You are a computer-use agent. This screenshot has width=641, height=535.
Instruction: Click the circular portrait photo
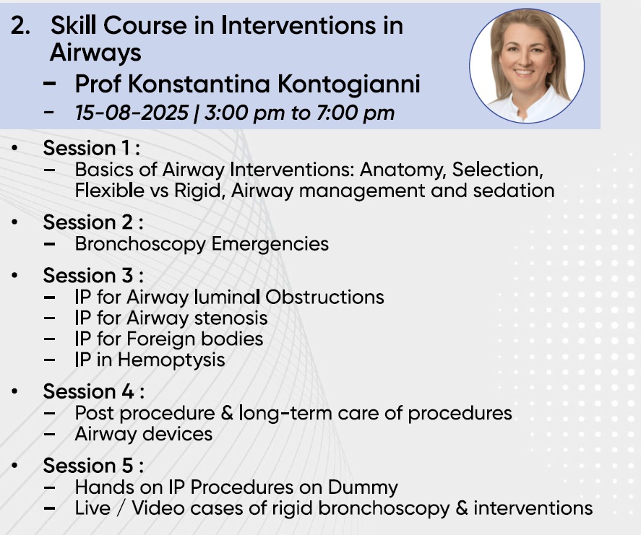[x=527, y=66]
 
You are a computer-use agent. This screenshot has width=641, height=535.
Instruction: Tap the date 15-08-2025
[x=132, y=113]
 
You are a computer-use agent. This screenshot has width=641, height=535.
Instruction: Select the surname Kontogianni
[x=349, y=84]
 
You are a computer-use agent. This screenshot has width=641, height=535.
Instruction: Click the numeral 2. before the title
[x=20, y=26]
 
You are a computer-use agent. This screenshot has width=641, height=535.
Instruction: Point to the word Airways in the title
[x=95, y=53]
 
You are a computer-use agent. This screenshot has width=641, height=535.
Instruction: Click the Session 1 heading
[x=92, y=148]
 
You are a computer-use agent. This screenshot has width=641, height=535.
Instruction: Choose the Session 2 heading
[x=93, y=222]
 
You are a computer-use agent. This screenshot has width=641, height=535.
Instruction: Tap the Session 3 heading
[x=93, y=275]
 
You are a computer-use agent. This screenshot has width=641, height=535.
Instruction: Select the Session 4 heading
[x=94, y=391]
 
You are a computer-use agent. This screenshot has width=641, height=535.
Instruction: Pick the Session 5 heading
[x=93, y=466]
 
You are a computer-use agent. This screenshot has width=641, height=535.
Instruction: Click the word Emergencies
[x=270, y=244]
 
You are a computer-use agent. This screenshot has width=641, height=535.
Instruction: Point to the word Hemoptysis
[x=171, y=360]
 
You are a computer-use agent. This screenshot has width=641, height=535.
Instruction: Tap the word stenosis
[x=231, y=318]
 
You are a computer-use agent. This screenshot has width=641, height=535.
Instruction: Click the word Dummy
[x=363, y=487]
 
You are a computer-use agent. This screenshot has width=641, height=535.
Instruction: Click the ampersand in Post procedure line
[x=227, y=413]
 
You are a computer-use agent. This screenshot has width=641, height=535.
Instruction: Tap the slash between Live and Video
[x=121, y=508]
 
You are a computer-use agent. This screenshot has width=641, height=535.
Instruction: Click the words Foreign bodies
[x=195, y=339]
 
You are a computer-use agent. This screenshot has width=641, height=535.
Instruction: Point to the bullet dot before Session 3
[x=15, y=275]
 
